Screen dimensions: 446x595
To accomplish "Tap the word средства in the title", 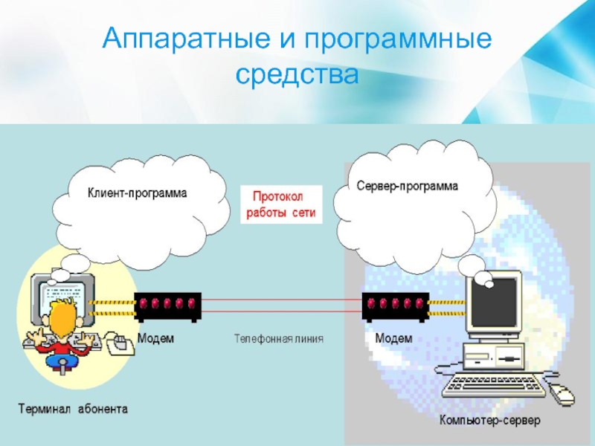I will coord(297,74).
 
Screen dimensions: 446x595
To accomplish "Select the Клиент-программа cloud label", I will coord(138,193).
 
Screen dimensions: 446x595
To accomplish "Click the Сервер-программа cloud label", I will coord(407,185).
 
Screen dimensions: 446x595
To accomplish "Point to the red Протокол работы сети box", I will coord(281,204).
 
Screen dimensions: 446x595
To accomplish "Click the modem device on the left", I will coord(167,306).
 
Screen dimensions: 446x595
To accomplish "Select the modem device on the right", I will coord(394,306).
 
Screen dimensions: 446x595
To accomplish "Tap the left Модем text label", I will coord(155,338).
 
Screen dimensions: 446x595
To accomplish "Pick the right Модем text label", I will coord(393,338).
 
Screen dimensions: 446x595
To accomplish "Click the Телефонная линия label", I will coord(279,339).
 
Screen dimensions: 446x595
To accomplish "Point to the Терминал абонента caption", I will coord(73,408).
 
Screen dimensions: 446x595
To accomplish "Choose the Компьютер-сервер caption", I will coord(489,421).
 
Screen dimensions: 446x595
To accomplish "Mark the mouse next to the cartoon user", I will coord(118,343).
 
